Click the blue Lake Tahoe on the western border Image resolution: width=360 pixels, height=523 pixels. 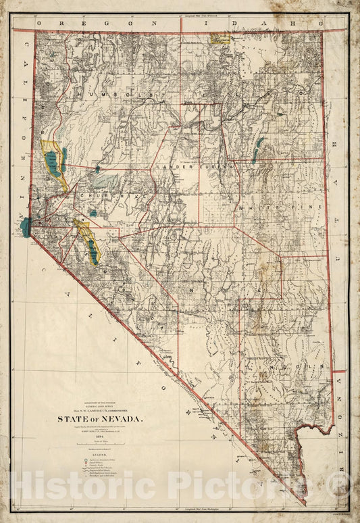click(x=26, y=227)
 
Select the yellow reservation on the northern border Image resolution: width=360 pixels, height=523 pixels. click(x=220, y=39)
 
